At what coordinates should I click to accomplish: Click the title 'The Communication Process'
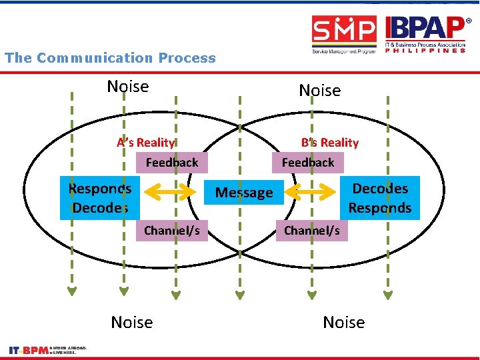[110, 58]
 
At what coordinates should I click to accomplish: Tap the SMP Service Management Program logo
[345, 34]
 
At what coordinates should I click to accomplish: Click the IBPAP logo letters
[425, 29]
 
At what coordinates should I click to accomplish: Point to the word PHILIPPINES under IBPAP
[425, 51]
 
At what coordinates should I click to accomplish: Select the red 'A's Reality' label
[146, 142]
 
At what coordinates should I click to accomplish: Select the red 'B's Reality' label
[329, 143]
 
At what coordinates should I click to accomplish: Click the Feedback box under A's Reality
[172, 162]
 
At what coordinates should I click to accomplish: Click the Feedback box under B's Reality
[307, 162]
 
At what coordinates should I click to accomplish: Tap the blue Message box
[244, 193]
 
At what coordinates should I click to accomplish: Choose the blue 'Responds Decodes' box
[100, 198]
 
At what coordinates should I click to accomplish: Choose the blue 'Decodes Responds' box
[380, 198]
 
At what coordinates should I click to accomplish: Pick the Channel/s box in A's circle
[172, 231]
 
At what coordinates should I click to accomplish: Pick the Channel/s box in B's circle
[311, 231]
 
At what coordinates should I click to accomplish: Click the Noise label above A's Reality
[128, 87]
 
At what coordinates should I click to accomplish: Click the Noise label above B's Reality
[319, 90]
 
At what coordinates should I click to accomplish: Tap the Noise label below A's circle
[132, 323]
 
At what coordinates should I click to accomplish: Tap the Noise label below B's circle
[343, 323]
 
